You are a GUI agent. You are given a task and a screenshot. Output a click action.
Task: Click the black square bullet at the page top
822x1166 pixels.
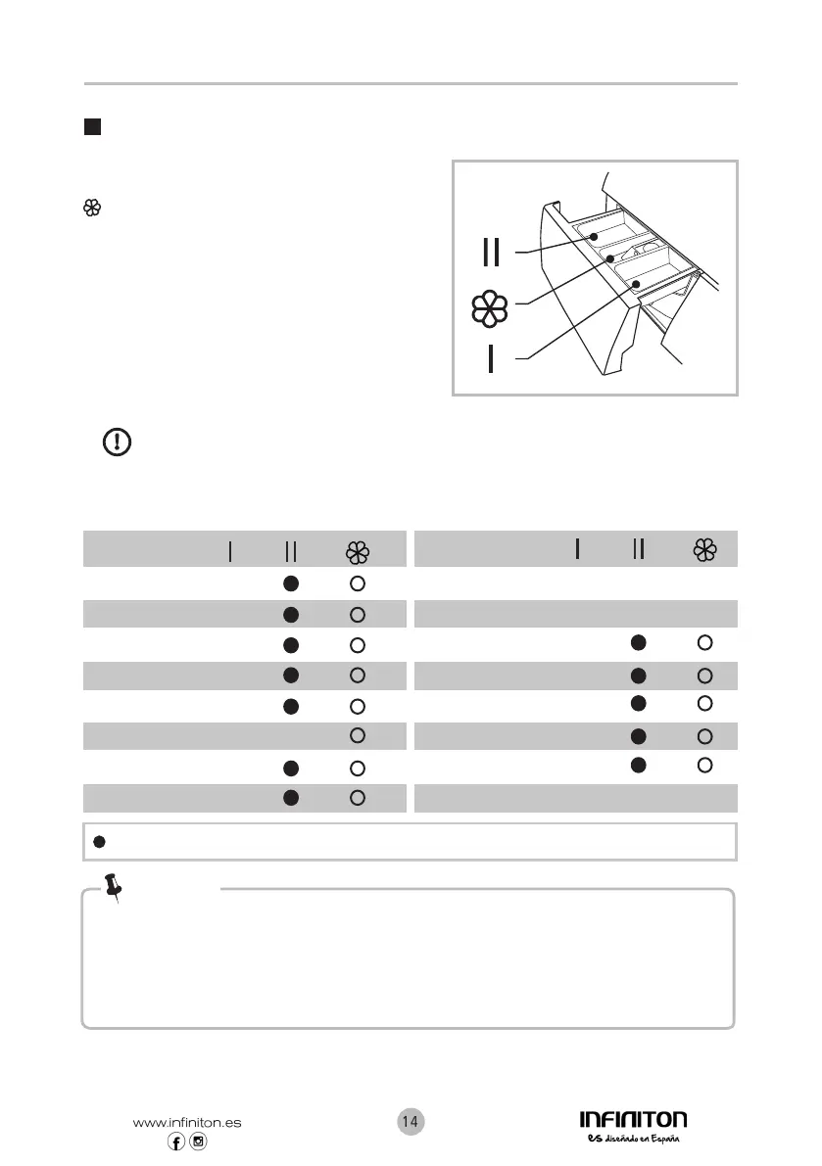point(91,127)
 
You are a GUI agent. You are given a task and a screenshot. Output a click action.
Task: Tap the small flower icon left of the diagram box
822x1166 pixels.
point(93,208)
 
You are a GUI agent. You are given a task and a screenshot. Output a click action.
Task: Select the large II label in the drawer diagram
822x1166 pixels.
point(491,253)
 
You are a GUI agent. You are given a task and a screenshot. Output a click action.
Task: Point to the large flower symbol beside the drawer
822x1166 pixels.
point(490,307)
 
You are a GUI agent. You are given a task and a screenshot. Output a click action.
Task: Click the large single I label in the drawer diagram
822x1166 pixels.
point(491,358)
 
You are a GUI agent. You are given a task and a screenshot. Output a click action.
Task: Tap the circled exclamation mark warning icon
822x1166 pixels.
point(118,443)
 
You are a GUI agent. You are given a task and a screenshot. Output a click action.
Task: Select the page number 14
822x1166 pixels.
point(411,1122)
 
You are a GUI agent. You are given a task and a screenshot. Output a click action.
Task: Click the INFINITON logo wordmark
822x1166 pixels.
point(632,1119)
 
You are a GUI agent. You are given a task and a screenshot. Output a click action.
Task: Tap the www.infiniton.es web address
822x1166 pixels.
point(186,1123)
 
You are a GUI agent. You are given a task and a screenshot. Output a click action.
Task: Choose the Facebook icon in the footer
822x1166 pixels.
point(177,1143)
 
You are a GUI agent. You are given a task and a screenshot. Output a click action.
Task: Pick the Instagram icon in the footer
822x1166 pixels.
point(198,1143)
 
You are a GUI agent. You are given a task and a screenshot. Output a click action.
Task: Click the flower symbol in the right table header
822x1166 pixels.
point(704,550)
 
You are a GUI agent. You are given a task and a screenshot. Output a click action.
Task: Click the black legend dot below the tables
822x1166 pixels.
point(98,842)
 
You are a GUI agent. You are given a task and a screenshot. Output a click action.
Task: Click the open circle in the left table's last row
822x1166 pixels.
point(358,799)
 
